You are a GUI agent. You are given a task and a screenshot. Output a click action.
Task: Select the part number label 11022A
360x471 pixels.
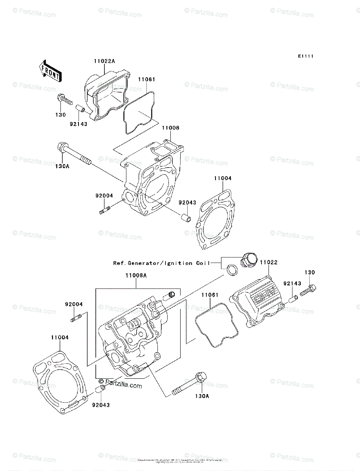tap(104, 61)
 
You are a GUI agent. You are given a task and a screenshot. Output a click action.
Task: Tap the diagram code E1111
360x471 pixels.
tap(305, 57)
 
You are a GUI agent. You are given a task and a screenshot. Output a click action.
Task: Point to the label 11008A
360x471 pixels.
tap(136, 276)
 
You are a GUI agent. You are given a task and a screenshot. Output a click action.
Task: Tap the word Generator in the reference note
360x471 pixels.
tap(144, 263)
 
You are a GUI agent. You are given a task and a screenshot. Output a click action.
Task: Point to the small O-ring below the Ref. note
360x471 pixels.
tap(232, 270)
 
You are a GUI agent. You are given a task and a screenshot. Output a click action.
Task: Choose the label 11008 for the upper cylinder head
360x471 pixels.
tap(170, 128)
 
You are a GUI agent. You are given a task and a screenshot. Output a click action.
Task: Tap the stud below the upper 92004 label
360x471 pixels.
tap(105, 211)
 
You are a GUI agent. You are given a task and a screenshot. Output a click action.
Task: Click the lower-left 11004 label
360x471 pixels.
tap(60, 337)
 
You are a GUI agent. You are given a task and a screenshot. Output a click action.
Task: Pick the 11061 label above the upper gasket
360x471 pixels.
tap(146, 79)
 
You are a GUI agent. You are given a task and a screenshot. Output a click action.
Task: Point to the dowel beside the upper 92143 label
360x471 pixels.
tap(80, 108)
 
